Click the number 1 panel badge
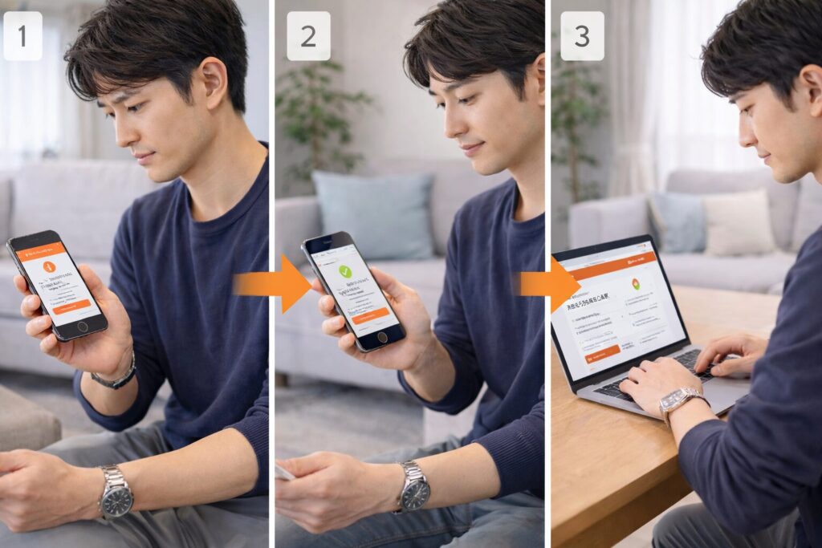(x=22, y=35)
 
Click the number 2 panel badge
(x=308, y=36)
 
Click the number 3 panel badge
(x=582, y=36)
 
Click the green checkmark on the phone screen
(x=345, y=272)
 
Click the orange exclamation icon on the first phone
(x=49, y=266)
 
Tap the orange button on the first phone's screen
(x=73, y=306)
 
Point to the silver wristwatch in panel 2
(x=414, y=485)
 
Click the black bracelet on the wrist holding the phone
(x=114, y=378)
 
